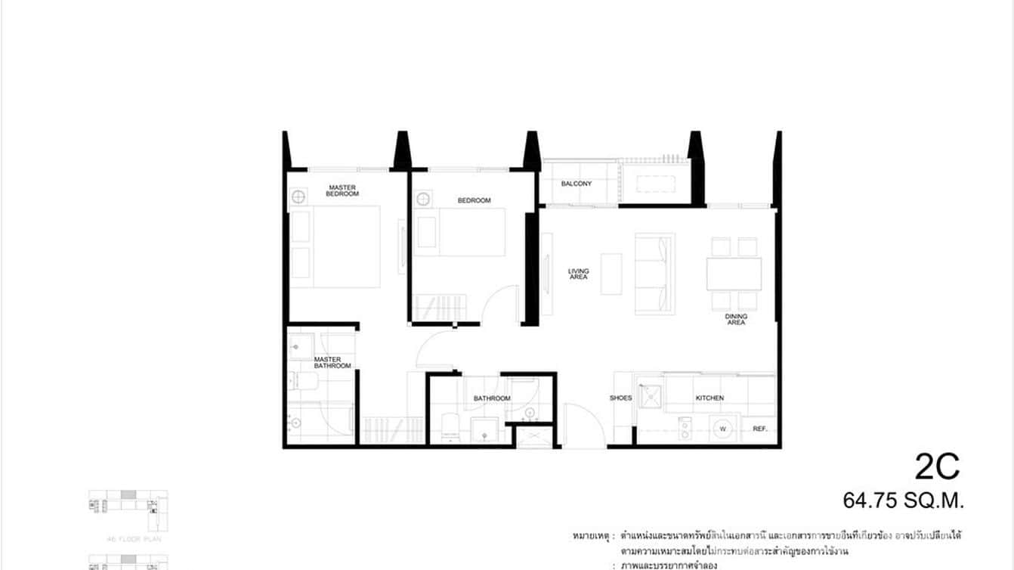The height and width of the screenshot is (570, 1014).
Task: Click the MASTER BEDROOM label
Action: [x=342, y=191]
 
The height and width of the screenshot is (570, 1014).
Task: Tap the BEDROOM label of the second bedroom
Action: [x=474, y=200]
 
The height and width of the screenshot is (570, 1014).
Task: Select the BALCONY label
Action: [x=576, y=184]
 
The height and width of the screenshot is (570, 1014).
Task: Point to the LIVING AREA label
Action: [x=579, y=274]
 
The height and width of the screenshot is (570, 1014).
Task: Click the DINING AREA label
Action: [x=736, y=319]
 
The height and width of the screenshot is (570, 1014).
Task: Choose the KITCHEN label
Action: [x=709, y=398]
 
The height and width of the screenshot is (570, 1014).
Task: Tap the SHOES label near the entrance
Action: [x=620, y=398]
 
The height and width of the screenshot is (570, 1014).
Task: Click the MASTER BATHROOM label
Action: [x=332, y=363]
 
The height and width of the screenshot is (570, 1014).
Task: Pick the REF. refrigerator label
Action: [x=760, y=429]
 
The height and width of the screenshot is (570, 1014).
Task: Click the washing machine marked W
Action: [x=722, y=429]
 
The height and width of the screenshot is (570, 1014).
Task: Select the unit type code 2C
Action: [x=937, y=466]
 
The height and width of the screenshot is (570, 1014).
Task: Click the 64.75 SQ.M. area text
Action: [x=904, y=500]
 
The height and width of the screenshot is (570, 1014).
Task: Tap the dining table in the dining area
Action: [x=734, y=274]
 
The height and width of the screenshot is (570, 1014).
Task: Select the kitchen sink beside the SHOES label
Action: [x=649, y=396]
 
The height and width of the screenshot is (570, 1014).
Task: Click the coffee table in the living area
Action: [x=611, y=274]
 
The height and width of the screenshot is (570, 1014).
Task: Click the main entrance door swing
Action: [x=583, y=423]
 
